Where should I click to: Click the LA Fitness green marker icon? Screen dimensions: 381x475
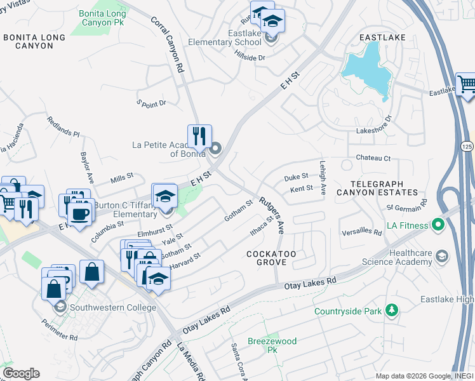coord(438,225)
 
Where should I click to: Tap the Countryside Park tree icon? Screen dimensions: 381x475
coord(392,311)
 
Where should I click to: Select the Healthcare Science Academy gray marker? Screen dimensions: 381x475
coord(442,257)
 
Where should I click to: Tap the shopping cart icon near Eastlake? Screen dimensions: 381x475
coord(467,84)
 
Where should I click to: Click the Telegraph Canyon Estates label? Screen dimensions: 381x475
coord(377,185)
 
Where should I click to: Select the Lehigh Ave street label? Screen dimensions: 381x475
coord(323,177)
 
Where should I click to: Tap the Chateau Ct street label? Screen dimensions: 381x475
coord(373,157)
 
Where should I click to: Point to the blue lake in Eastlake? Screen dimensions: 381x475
coord(366,67)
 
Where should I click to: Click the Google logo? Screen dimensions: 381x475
coord(21,373)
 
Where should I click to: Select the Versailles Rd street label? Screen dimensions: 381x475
coord(361,232)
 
